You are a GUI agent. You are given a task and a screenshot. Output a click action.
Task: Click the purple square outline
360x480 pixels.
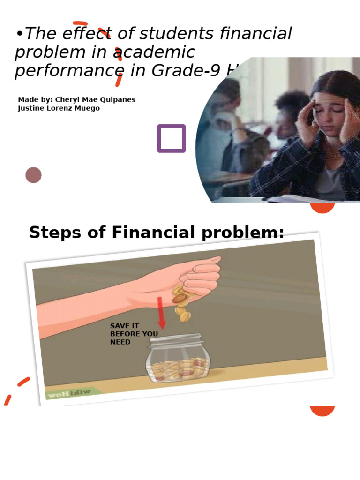[171, 138]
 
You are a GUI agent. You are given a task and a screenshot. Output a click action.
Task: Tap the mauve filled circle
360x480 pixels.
[33, 175]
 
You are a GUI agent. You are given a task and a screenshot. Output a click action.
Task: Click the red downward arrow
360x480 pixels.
[161, 313]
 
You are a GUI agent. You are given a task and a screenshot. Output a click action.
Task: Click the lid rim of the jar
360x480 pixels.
[176, 338]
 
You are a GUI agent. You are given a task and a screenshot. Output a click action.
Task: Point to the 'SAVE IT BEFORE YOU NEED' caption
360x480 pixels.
[134, 334]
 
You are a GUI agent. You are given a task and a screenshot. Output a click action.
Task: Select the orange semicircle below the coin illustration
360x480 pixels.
[322, 410]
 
